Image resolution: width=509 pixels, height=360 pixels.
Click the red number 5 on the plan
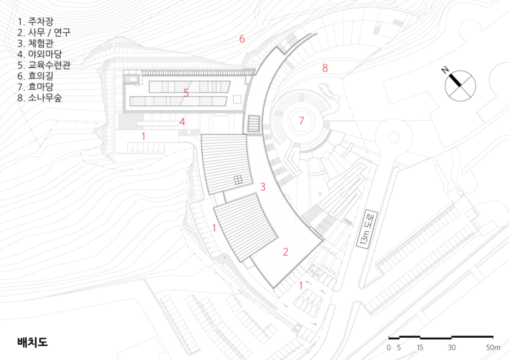(186, 93)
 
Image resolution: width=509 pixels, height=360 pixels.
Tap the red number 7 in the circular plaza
(301, 121)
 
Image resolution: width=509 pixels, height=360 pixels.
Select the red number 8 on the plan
(325, 68)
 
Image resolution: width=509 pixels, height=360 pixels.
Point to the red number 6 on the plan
(242, 39)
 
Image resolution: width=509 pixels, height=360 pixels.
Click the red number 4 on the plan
(182, 122)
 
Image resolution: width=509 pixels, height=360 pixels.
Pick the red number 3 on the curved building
(263, 187)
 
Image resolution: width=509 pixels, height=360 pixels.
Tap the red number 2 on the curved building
(286, 252)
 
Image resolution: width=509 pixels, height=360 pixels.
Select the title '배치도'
(32, 342)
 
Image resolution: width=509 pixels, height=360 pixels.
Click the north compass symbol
(460, 86)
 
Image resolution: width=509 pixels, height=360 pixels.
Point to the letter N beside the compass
(445, 70)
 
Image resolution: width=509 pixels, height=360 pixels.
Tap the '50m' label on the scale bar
(493, 347)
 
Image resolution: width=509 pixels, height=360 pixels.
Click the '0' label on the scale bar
(389, 347)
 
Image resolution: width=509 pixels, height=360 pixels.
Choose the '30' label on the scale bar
(452, 347)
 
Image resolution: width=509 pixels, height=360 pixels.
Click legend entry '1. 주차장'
(35, 22)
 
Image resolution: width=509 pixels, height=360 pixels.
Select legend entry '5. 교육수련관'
(44, 65)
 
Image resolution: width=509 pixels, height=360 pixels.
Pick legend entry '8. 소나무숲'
(40, 98)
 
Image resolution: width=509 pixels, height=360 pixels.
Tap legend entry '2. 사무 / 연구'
(44, 32)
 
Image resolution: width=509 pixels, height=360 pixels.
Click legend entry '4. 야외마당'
(40, 54)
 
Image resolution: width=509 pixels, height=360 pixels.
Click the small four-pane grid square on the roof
(238, 180)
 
